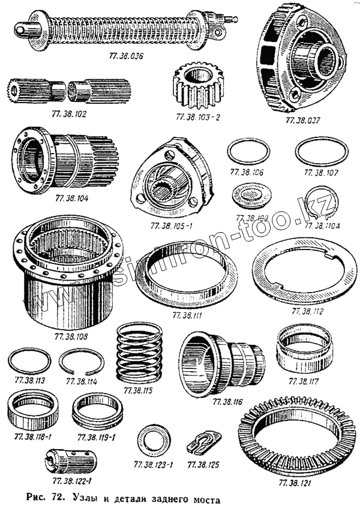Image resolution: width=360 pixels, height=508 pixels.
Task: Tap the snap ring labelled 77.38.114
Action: coord(81,362)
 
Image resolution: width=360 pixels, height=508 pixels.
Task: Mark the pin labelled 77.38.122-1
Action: coord(71,461)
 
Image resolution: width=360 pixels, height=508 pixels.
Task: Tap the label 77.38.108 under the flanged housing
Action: coord(71,336)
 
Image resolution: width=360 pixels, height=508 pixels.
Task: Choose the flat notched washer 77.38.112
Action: coord(305,276)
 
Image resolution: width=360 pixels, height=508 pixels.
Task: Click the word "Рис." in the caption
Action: coord(38,498)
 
